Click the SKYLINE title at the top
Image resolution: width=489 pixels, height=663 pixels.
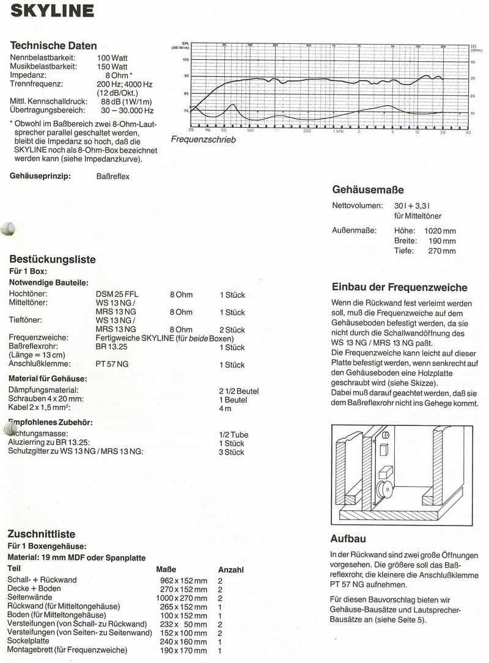point(52,11)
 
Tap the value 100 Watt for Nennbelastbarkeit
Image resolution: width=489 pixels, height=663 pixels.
point(112,57)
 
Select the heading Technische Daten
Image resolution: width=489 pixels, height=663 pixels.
point(53,45)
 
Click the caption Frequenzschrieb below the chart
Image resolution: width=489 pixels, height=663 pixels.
point(203,139)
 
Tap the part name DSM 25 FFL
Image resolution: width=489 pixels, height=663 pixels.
point(117,295)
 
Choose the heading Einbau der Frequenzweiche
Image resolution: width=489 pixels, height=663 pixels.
point(399,287)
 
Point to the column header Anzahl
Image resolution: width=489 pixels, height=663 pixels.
point(231,570)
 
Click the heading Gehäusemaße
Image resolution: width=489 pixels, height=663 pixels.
point(367,189)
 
